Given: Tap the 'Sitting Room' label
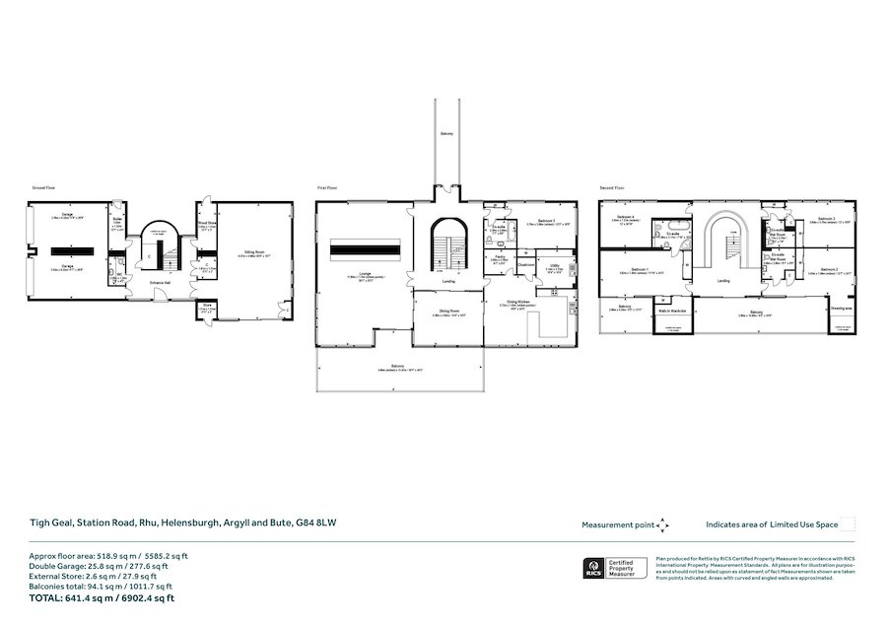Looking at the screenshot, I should (253, 252).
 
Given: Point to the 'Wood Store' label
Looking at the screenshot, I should (205, 224).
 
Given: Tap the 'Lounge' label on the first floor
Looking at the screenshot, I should (364, 274).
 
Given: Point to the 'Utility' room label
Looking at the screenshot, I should (555, 265).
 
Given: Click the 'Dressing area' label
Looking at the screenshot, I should (841, 309).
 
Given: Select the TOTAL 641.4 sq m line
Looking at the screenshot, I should (102, 598).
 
